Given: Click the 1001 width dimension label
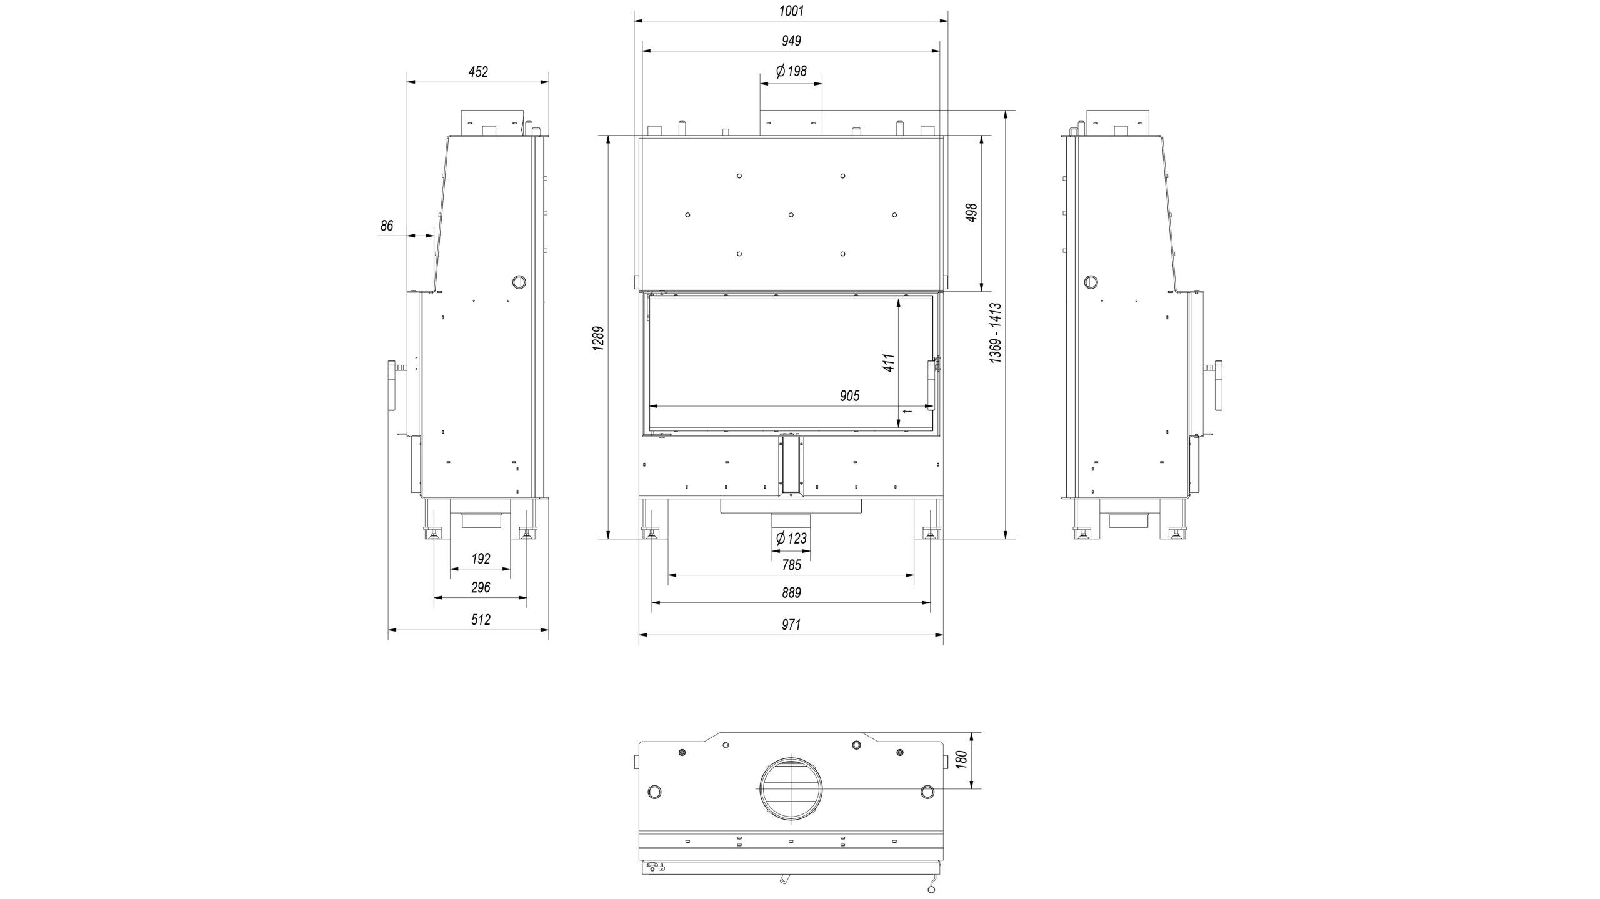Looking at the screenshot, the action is (x=791, y=11).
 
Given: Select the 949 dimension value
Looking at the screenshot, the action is (x=791, y=41).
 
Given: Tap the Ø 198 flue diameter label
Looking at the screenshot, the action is (x=791, y=71).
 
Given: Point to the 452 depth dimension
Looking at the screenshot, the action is (x=478, y=72).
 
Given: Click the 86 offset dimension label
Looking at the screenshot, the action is (x=387, y=226).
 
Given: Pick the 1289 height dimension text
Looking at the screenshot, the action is (x=598, y=339).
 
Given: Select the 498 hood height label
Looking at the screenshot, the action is (x=971, y=213).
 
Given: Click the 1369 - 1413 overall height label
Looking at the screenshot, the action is (x=996, y=332).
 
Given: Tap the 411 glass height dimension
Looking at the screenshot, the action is (x=889, y=363).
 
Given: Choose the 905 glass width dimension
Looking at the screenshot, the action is (x=850, y=396).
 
